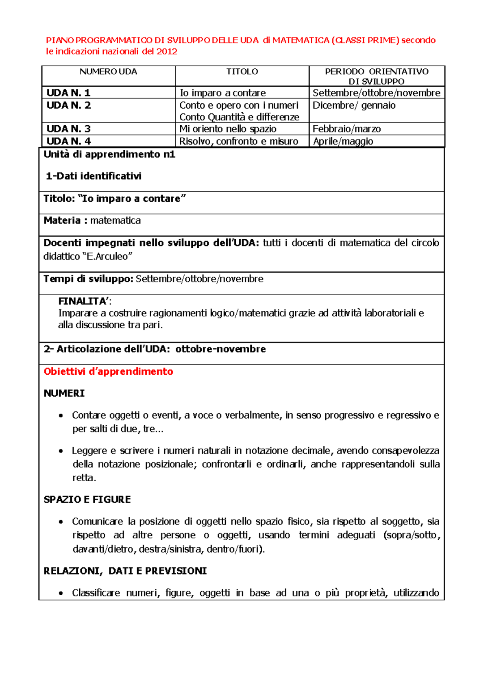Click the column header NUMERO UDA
108,72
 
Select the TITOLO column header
242,72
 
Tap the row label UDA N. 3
69,129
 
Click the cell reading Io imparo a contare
222,93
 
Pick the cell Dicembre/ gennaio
354,105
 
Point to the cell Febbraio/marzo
346,129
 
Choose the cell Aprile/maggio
343,141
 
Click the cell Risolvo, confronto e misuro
239,141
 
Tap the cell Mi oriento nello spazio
228,129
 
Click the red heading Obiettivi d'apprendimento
108,371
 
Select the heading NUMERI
64,393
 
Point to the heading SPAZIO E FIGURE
87,500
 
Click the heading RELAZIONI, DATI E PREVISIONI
125,571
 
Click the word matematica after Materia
115,221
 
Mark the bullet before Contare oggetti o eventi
61,416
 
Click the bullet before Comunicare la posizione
61,522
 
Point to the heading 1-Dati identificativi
94,176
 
